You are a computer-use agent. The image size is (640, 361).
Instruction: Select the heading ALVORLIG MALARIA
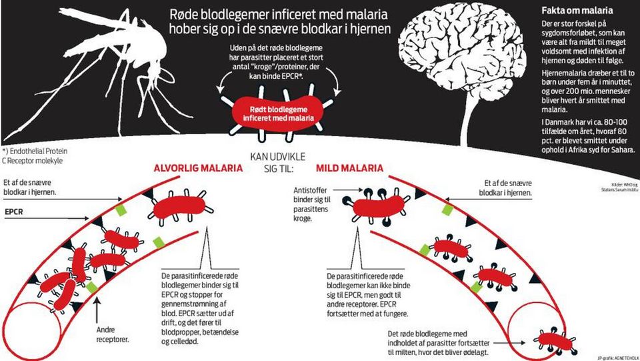[197, 168]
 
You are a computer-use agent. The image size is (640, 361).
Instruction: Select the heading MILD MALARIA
[349, 168]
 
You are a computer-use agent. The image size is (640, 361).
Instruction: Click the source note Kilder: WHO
[619, 186]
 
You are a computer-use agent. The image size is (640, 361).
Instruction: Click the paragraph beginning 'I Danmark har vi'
[587, 135]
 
